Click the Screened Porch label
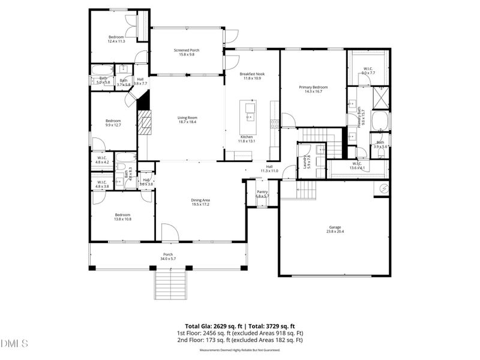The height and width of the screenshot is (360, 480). coord(187,50)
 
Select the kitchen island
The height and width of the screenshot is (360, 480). coord(248,117)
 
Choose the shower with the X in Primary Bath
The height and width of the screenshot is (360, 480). coord(380,96)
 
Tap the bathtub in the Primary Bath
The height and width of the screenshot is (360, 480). coord(380,121)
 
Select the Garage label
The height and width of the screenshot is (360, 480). coord(335,227)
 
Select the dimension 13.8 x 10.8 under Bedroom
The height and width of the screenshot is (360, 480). coord(123,219)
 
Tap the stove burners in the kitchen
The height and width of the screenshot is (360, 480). coord(274,124)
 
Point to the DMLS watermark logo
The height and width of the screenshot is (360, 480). coord(15,344)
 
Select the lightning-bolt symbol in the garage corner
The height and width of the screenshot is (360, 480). coord(382,189)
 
